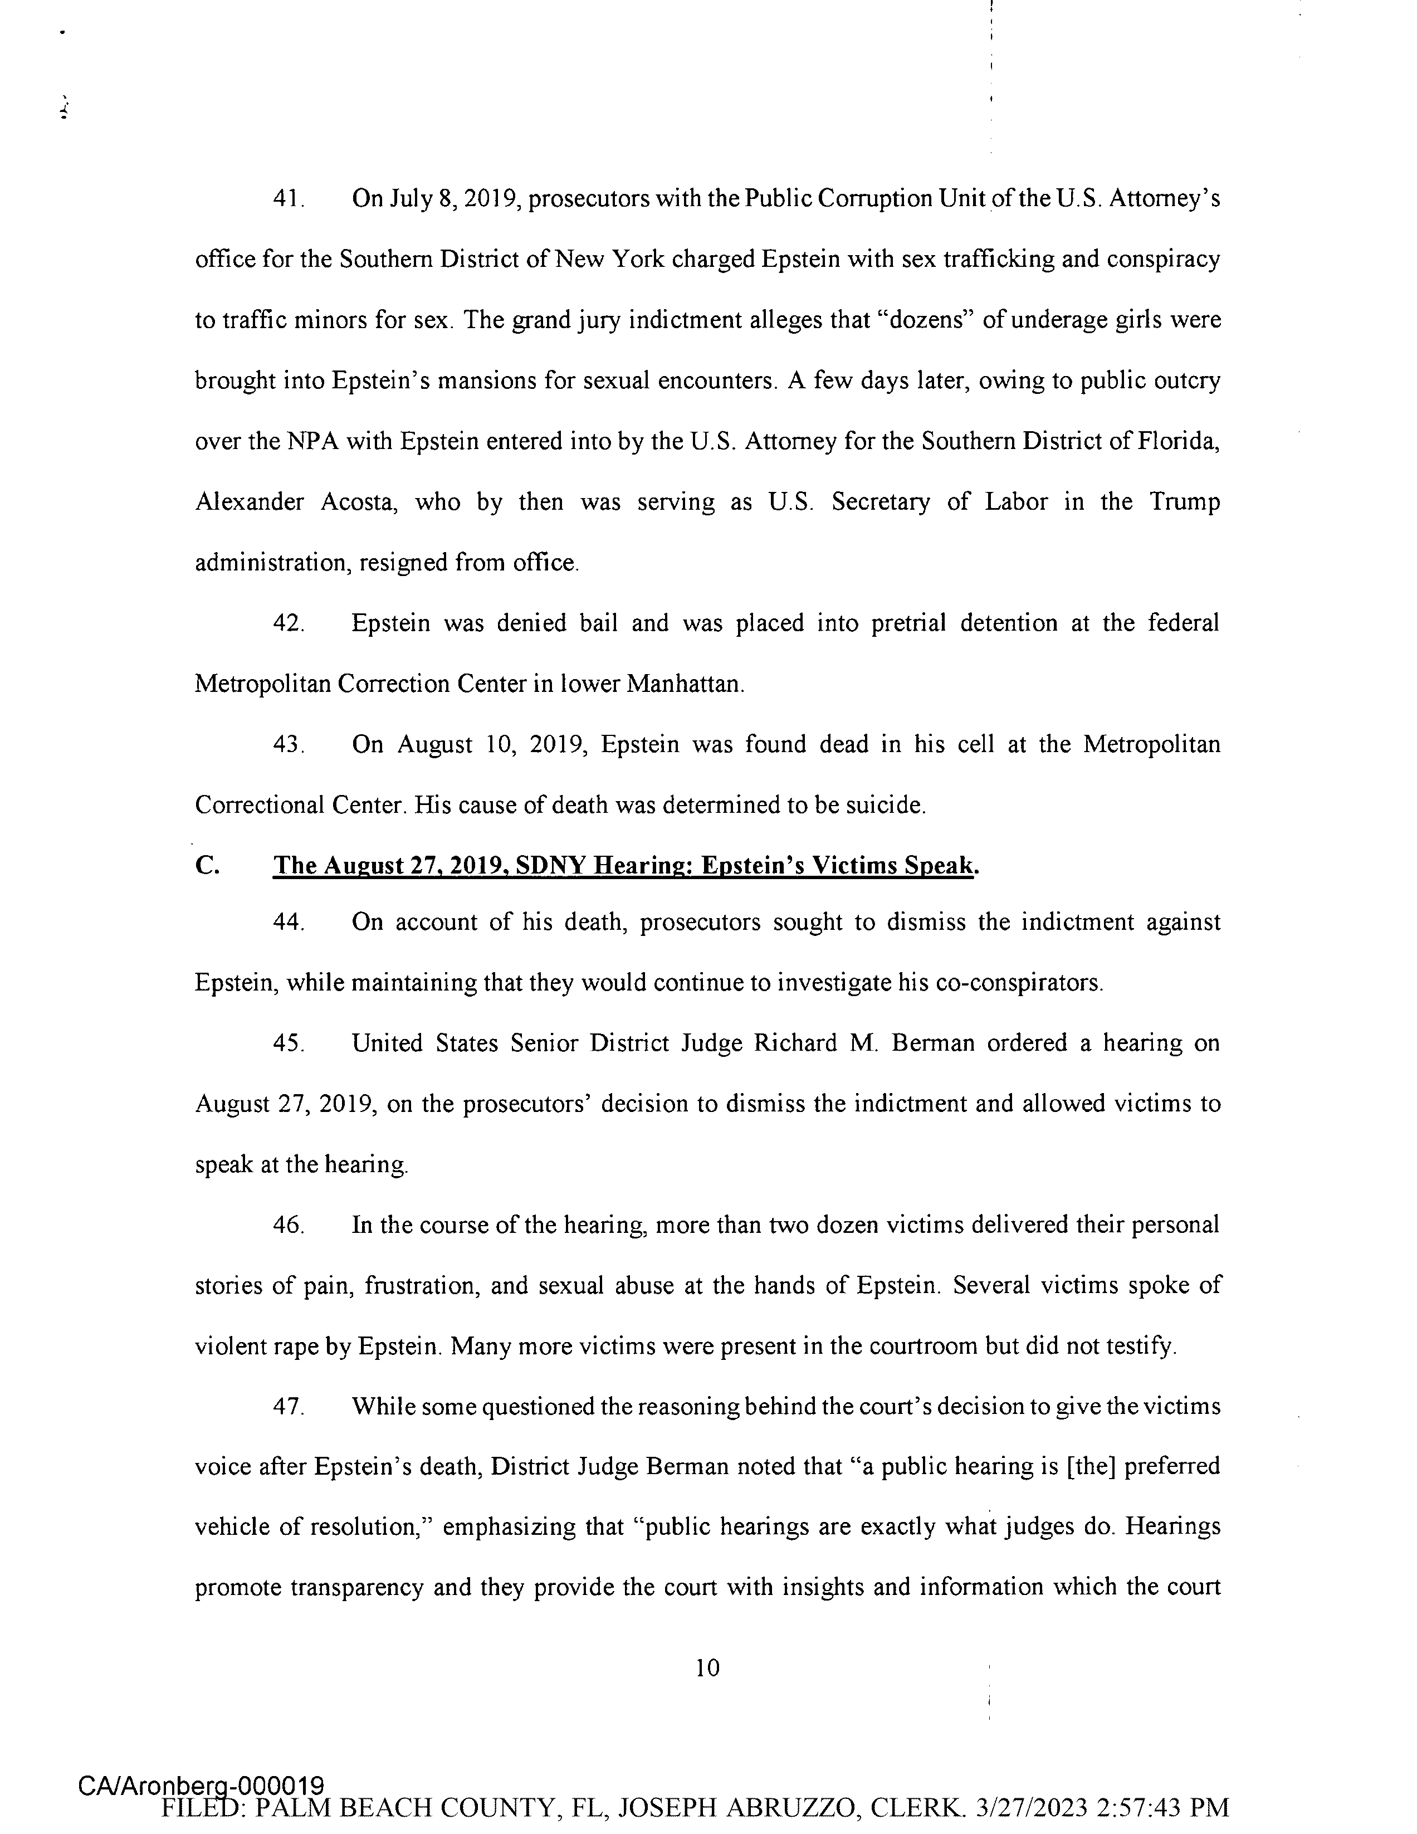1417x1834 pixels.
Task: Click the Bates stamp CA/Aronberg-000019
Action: coord(202,1786)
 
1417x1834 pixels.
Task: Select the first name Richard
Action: coord(795,1043)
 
